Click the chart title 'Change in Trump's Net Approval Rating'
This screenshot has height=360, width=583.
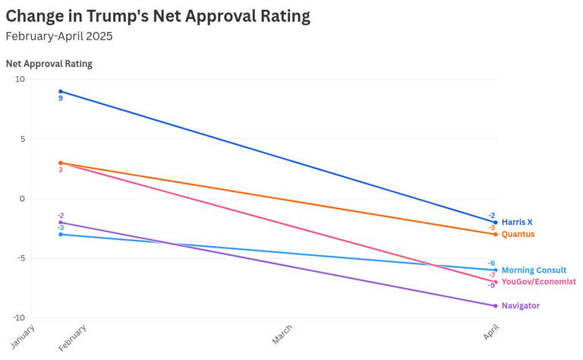point(158,16)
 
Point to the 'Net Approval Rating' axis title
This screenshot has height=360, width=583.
point(49,64)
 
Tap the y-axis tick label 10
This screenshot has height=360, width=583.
point(20,79)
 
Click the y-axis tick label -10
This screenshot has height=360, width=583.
point(17,317)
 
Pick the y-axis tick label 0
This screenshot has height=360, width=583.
point(22,198)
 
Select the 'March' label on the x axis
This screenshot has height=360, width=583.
point(282,335)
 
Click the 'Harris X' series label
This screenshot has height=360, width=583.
point(517,222)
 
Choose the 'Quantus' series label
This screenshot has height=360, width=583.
point(518,234)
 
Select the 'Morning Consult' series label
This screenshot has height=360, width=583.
point(534,270)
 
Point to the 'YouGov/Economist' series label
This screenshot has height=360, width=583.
point(538,282)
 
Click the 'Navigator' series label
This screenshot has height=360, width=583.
point(520,305)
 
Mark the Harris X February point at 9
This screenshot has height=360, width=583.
point(61,91)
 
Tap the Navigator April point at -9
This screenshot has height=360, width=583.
point(496,306)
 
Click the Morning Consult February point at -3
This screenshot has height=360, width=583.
point(61,234)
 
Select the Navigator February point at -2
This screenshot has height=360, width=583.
point(61,223)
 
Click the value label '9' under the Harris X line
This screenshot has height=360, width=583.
point(61,99)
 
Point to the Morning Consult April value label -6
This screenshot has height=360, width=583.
point(491,263)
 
